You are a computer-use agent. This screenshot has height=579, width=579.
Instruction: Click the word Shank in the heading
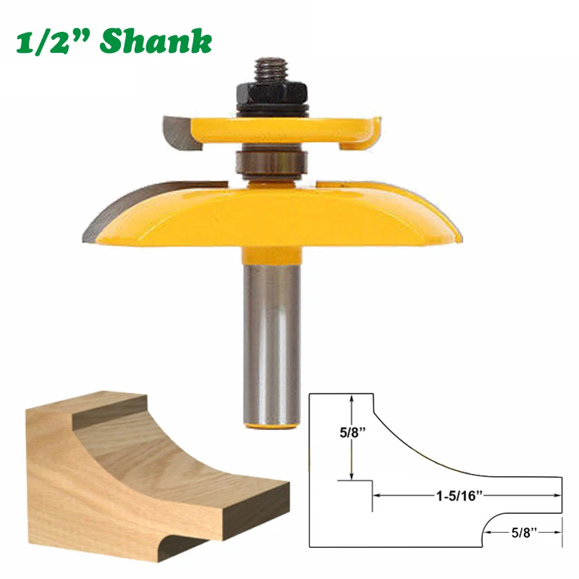tap(156, 43)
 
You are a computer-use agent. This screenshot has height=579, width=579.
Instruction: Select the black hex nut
tap(271, 93)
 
